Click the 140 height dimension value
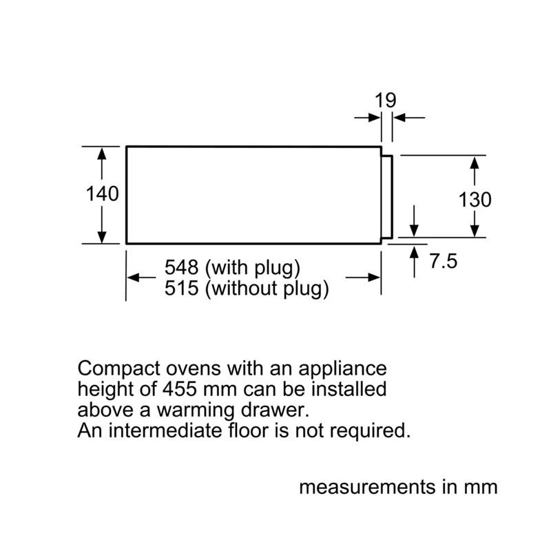click(102, 194)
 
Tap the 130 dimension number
click(475, 200)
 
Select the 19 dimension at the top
click(386, 100)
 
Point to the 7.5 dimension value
click(444, 261)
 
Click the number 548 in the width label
click(181, 267)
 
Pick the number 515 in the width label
click(181, 288)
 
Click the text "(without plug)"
click(267, 289)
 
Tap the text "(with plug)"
click(253, 269)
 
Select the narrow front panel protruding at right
click(387, 197)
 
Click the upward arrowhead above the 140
click(101, 154)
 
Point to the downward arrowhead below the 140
click(101, 236)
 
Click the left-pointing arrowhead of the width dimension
click(134, 278)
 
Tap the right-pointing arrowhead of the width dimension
click(374, 278)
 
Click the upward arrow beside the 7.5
click(415, 262)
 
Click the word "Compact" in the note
click(118, 369)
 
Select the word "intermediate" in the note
click(165, 430)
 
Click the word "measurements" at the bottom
click(368, 488)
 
